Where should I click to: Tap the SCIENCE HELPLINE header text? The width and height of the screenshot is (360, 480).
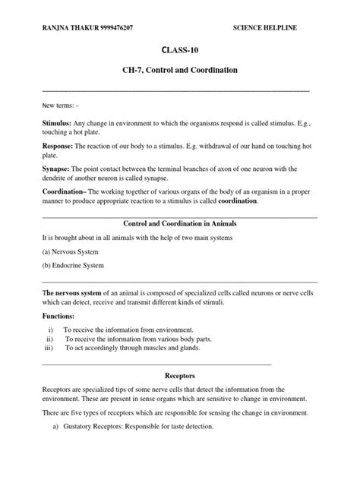pyautogui.click(x=265, y=27)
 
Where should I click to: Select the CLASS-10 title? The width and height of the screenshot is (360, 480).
pyautogui.click(x=180, y=50)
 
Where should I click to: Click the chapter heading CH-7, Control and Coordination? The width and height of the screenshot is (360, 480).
pyautogui.click(x=180, y=70)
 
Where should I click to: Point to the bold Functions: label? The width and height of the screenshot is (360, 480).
pyautogui.click(x=60, y=316)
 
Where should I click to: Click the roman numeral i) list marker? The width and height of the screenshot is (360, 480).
pyautogui.click(x=50, y=330)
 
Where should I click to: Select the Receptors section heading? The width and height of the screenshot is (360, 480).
pyautogui.click(x=180, y=375)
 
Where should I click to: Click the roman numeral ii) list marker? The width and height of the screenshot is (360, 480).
pyautogui.click(x=50, y=339)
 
